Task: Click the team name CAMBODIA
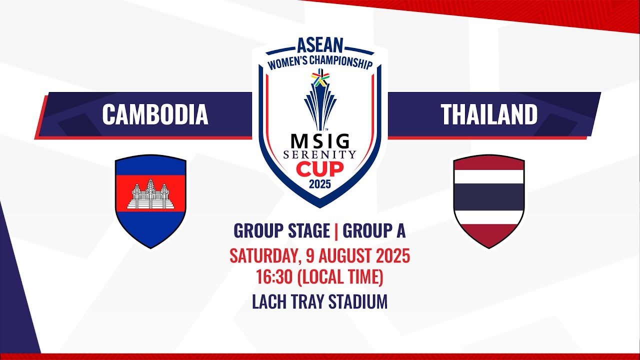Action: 155,114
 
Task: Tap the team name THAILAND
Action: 489,114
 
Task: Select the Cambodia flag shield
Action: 150,201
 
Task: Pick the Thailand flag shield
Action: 489,201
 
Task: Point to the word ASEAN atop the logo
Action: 320,45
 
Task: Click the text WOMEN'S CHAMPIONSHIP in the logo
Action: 320,63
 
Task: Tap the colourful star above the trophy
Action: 320,77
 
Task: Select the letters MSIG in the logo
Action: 320,141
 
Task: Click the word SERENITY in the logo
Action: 319,155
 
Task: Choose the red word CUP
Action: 319,169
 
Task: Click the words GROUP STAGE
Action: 281,230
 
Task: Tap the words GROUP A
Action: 374,230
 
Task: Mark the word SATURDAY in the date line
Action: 265,256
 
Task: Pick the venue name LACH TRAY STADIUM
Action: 319,301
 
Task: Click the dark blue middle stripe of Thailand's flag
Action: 489,197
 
